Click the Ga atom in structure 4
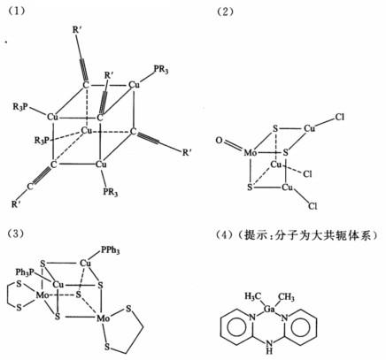click(269, 310)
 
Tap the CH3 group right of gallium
click(286, 296)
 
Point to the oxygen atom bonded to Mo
click(220, 141)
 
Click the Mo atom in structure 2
click(250, 153)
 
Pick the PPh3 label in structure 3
click(111, 250)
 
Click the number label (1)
click(17, 11)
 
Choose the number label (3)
click(17, 234)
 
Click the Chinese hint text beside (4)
click(308, 235)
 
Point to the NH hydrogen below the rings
click(269, 350)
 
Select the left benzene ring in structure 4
click(236, 326)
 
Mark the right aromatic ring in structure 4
click(301, 326)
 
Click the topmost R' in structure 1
click(76, 30)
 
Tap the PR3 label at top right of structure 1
click(161, 71)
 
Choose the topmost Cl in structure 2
click(340, 117)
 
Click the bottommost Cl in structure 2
click(313, 205)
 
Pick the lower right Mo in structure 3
click(104, 318)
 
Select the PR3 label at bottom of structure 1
click(111, 192)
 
